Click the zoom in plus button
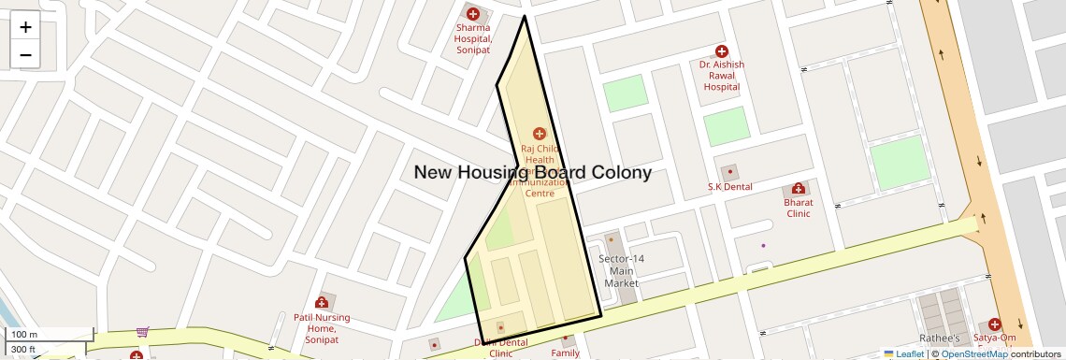(x=25, y=27)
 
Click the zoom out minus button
(x=25, y=55)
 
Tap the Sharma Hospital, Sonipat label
(x=473, y=38)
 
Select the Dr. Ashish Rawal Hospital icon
(x=721, y=50)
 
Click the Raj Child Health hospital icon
(x=539, y=134)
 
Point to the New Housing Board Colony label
(x=532, y=173)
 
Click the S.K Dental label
(x=729, y=186)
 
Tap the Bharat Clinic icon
(x=798, y=189)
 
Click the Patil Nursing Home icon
(x=322, y=302)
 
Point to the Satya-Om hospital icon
(x=994, y=324)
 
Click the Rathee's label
(x=939, y=338)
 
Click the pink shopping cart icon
(x=142, y=331)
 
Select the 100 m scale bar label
(x=24, y=335)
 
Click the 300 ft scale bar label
(x=24, y=350)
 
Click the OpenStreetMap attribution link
(x=973, y=353)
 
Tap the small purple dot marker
(x=763, y=246)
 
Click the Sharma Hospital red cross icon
(x=473, y=14)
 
